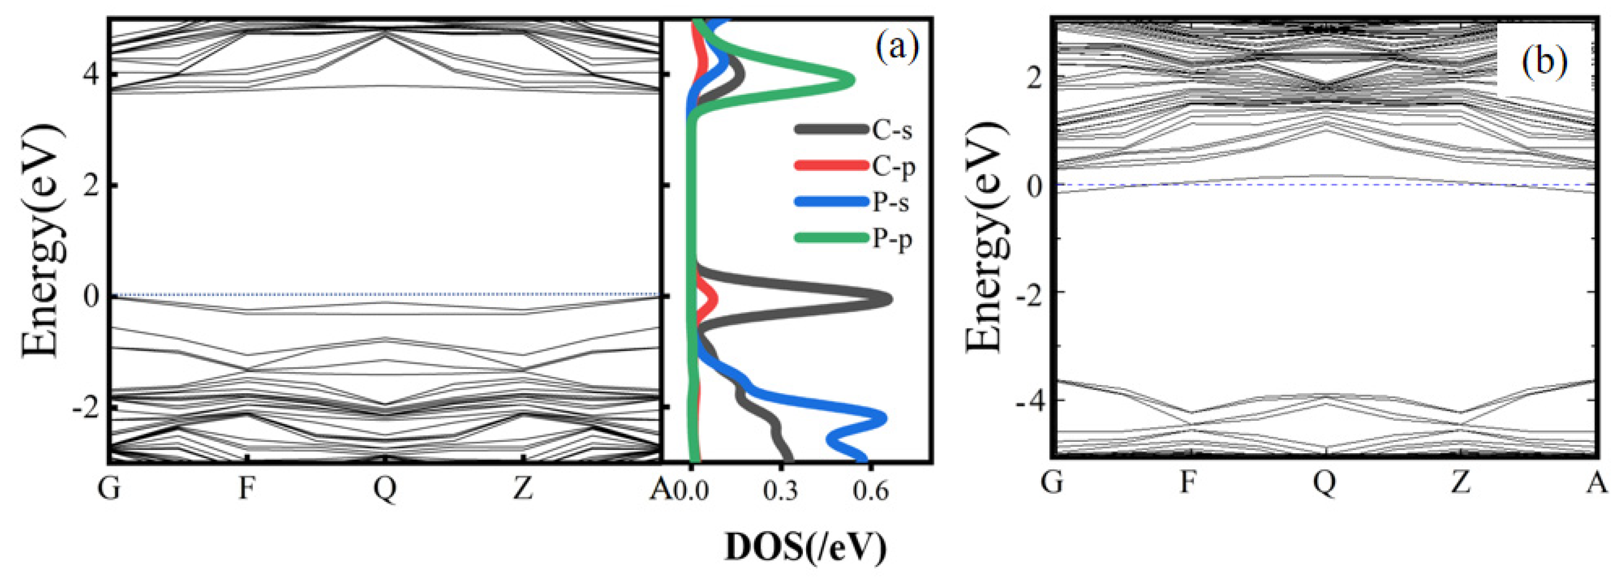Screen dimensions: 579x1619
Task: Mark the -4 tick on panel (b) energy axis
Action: click(1027, 400)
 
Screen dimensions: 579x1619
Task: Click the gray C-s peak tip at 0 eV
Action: click(890, 299)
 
